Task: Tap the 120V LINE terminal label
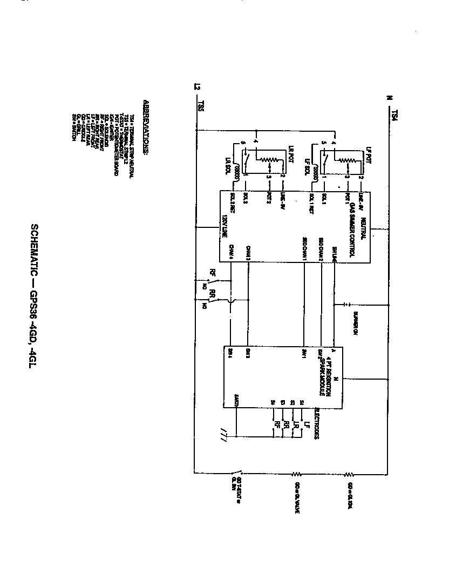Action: click(223, 227)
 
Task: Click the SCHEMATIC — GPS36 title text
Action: click(34, 294)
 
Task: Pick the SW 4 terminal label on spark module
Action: click(230, 352)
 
